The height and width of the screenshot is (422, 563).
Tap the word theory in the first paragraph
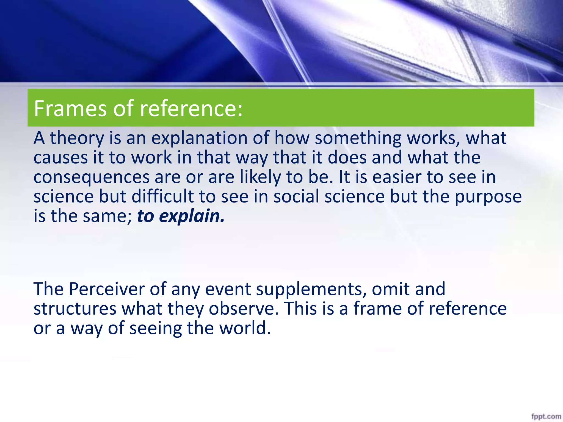click(77, 138)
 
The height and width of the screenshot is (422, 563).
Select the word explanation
click(199, 138)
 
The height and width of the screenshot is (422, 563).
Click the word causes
click(60, 158)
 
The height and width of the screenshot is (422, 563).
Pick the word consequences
click(92, 177)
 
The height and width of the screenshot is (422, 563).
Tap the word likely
click(260, 177)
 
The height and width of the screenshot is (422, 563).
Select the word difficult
click(163, 197)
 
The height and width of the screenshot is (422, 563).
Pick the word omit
click(391, 289)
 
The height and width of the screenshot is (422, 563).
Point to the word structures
click(75, 309)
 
